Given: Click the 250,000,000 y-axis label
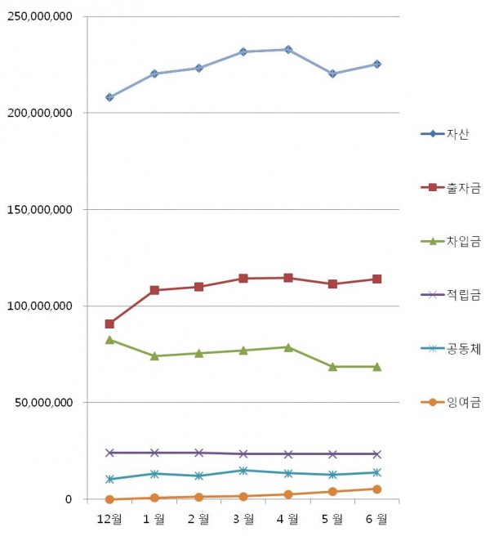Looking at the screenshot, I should click(39, 16).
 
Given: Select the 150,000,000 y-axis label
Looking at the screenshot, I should click(39, 210).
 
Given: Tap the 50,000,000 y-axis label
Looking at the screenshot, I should click(42, 403).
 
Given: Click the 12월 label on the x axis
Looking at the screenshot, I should click(109, 519).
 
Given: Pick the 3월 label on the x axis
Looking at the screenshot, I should click(243, 519).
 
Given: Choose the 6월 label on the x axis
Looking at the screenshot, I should click(376, 519).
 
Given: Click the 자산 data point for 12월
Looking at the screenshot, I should click(109, 97).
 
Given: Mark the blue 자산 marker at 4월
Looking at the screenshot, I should click(287, 50).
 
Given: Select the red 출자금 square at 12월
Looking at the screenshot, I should click(109, 324).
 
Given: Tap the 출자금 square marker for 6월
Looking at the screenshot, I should click(376, 279).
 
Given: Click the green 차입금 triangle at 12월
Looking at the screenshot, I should click(109, 339).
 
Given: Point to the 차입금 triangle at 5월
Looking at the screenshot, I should click(332, 367).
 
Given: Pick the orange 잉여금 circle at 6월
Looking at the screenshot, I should click(376, 489).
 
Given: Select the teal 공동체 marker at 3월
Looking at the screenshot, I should click(243, 471).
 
